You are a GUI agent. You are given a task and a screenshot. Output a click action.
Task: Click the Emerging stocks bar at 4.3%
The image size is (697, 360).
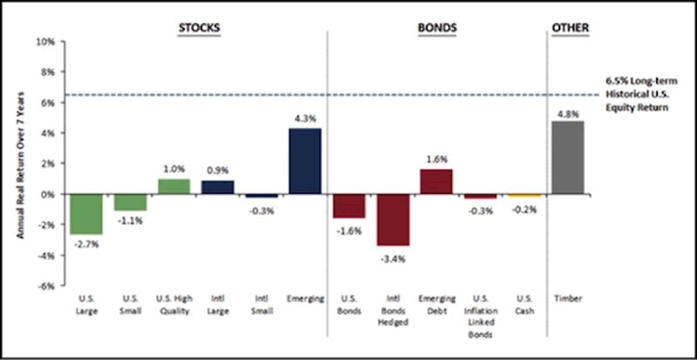(x=304, y=161)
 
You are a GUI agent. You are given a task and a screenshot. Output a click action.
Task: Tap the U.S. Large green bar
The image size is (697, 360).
(x=87, y=214)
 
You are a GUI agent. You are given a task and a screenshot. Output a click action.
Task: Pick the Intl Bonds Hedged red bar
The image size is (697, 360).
(x=393, y=220)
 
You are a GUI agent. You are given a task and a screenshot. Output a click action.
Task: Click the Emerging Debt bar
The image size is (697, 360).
(x=436, y=181)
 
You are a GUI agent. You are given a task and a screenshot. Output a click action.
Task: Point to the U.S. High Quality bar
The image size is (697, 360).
(x=173, y=186)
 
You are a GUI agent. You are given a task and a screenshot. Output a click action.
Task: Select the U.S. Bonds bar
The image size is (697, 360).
(x=348, y=206)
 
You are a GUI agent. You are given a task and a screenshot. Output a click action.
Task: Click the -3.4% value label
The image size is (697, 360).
(x=393, y=258)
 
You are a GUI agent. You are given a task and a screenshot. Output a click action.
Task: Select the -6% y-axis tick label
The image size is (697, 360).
(x=46, y=286)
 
